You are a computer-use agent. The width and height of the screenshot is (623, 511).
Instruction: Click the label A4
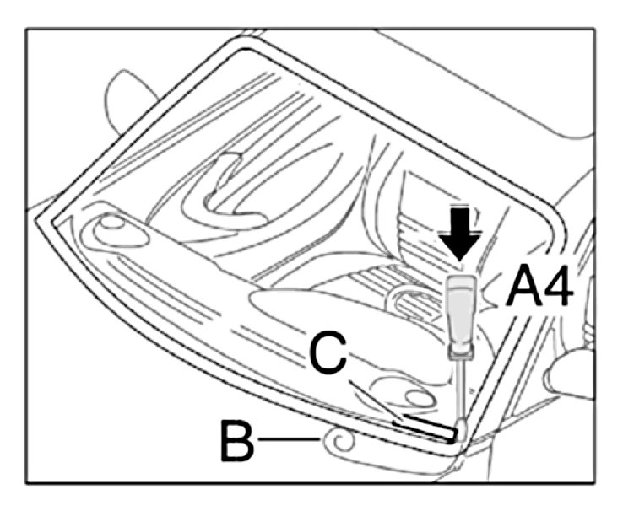[540, 289]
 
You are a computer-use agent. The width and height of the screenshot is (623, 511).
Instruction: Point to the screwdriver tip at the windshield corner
[461, 433]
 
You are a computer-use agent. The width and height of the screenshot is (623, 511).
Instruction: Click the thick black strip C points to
[426, 425]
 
